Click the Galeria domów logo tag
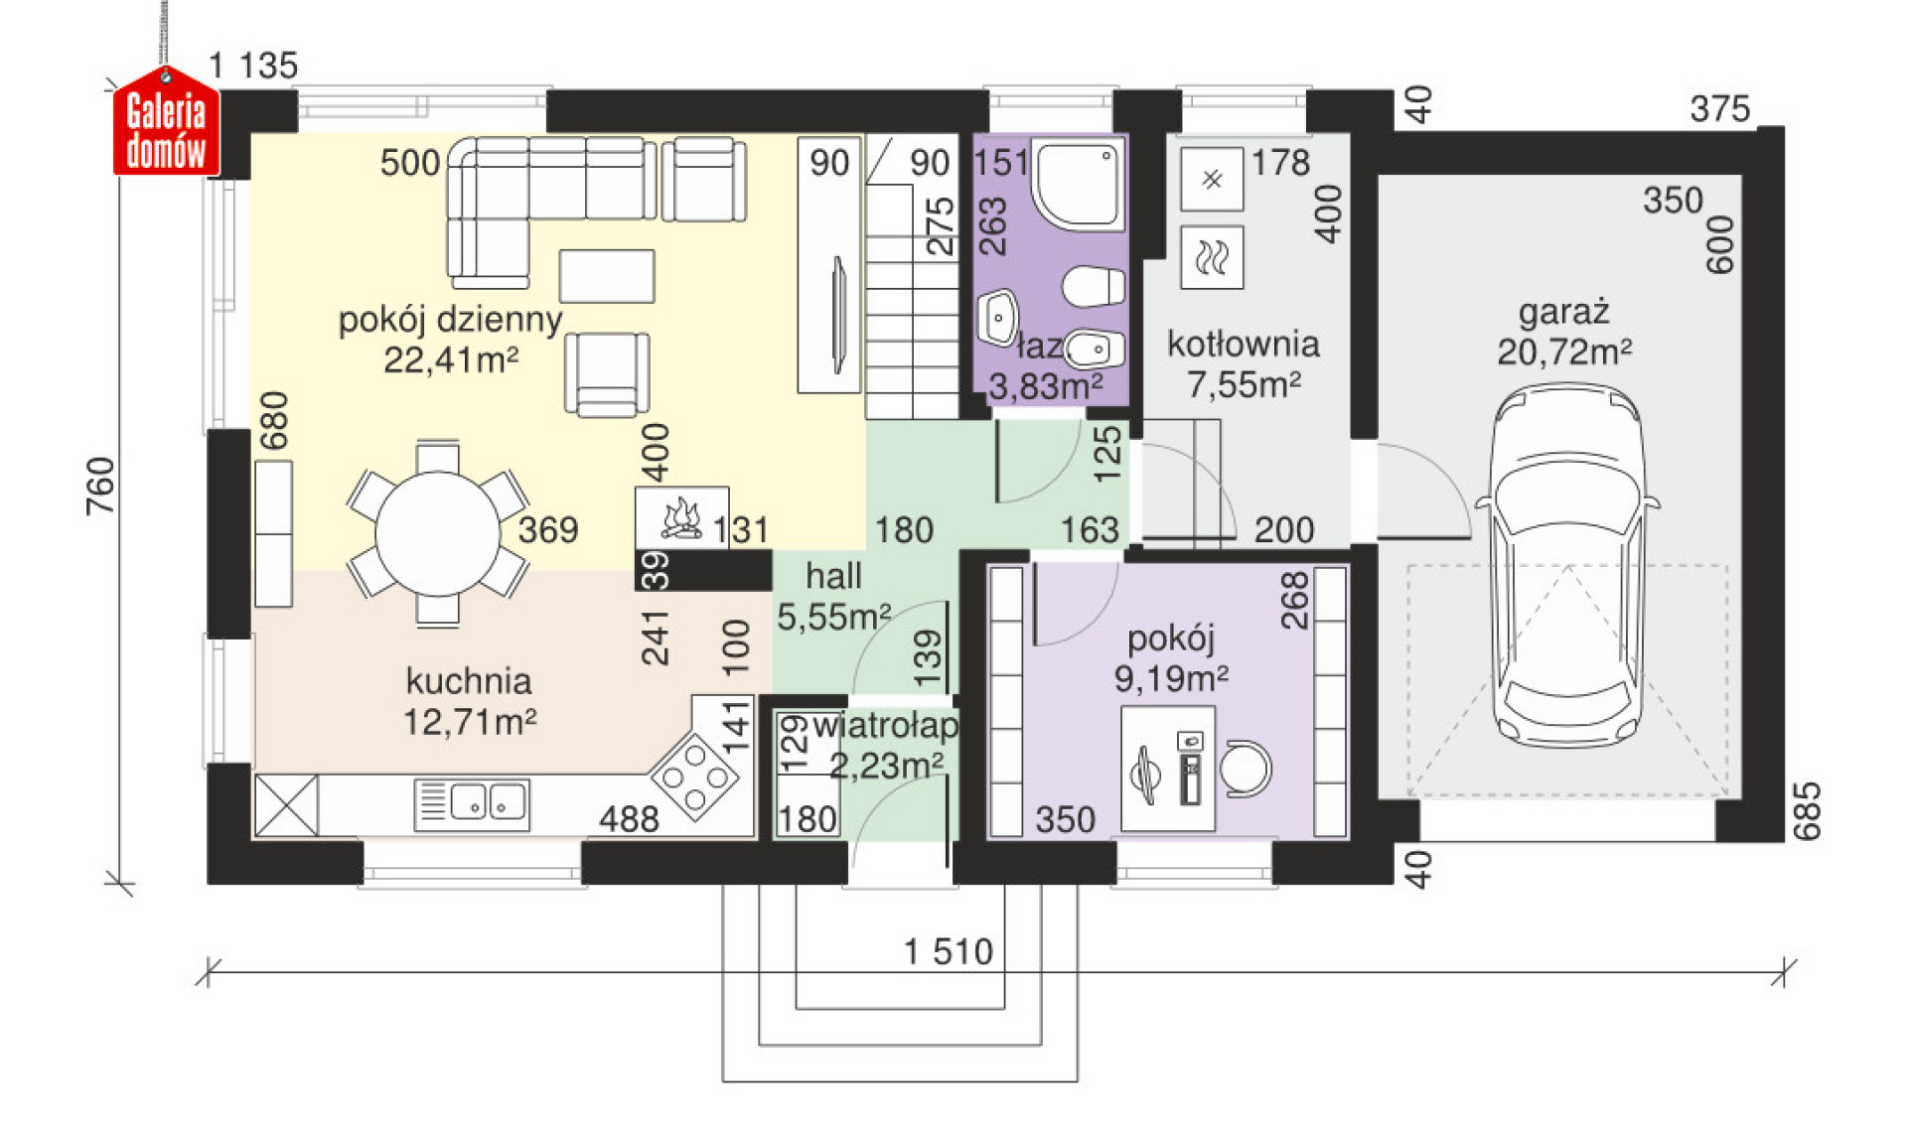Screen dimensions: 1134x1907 (166, 125)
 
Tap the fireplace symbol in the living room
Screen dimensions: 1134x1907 (682, 517)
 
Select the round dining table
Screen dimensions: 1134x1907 (437, 534)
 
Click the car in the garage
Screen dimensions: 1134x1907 (1566, 566)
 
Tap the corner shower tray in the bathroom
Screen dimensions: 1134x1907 (1079, 184)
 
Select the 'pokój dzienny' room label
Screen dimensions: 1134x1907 (450, 320)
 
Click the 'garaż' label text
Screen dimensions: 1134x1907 (1563, 312)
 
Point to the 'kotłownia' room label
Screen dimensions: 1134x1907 (1243, 345)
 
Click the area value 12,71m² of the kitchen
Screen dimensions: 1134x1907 (470, 722)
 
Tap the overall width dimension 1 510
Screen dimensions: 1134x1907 (948, 952)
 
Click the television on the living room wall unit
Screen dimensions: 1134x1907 (839, 315)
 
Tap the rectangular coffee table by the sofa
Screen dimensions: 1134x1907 (606, 275)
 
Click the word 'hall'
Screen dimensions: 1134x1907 (832, 576)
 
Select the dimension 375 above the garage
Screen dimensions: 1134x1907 (1719, 109)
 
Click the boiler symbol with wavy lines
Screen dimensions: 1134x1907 (1212, 258)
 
